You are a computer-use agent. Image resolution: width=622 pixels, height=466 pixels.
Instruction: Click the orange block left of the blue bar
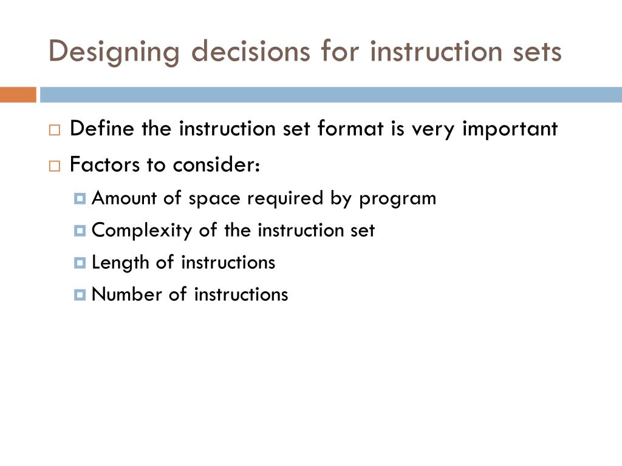tap(18, 95)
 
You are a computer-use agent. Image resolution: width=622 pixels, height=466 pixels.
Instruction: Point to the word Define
tap(103, 129)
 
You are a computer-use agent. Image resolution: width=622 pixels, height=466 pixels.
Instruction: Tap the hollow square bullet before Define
tap(55, 130)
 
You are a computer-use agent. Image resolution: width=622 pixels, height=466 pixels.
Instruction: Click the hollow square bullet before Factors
tap(55, 166)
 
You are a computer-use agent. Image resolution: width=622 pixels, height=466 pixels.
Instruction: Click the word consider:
tap(217, 165)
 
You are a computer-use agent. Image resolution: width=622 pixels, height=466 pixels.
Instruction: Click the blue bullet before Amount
tap(81, 199)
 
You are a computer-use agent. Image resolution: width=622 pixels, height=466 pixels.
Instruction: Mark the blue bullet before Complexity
tap(81, 231)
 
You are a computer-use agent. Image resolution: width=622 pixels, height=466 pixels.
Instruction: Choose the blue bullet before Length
tap(81, 263)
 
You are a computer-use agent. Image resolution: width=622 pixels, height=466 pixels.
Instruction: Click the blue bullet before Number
tap(81, 295)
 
